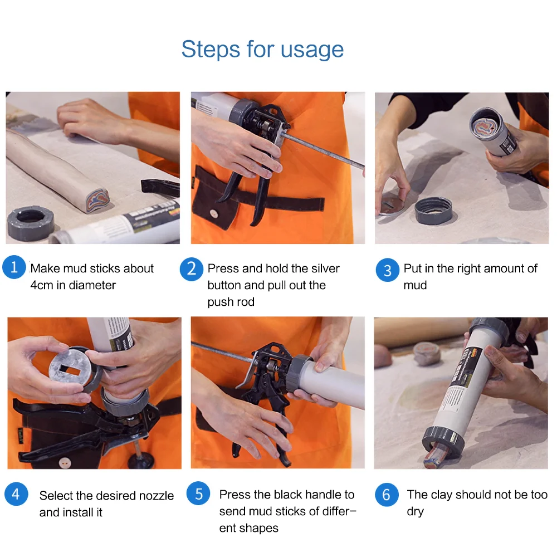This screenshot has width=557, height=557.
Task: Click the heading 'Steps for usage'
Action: [x=262, y=49]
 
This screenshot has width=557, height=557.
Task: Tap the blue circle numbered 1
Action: [x=14, y=267]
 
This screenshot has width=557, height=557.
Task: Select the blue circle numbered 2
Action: [x=192, y=269]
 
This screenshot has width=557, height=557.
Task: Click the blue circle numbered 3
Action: [x=387, y=270]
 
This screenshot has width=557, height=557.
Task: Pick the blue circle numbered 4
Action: [x=16, y=494]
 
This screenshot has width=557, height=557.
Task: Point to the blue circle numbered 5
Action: [x=198, y=493]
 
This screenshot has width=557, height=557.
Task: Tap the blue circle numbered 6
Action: [x=387, y=495]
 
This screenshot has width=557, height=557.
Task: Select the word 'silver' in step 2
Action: [x=323, y=268]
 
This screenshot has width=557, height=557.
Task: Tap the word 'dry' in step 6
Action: [x=416, y=512]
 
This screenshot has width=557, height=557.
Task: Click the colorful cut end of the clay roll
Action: [x=97, y=201]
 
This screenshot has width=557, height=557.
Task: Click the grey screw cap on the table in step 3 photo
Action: [x=433, y=211]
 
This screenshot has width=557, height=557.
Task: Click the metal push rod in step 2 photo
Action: [x=322, y=150]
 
